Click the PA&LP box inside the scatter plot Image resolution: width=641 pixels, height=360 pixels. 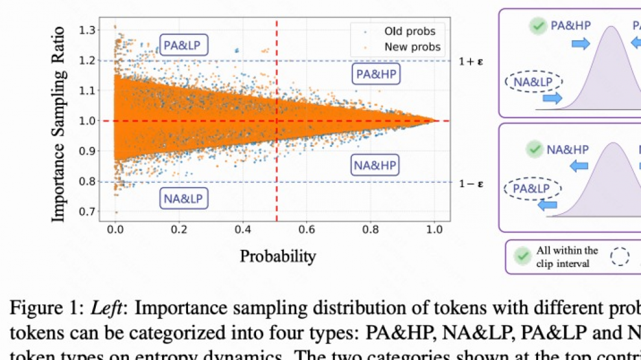pyautogui.click(x=184, y=45)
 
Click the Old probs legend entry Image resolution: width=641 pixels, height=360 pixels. pyautogui.click(x=410, y=31)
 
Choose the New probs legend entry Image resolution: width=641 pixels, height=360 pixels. pyautogui.click(x=412, y=46)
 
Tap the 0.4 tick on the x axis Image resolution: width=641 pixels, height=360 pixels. pyautogui.click(x=242, y=229)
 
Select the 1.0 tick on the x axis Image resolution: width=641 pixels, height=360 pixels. pyautogui.click(x=434, y=229)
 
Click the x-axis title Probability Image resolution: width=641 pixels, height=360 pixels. pyautogui.click(x=278, y=256)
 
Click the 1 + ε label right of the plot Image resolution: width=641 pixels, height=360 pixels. pyautogui.click(x=471, y=61)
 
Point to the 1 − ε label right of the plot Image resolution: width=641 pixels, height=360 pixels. pyautogui.click(x=471, y=183)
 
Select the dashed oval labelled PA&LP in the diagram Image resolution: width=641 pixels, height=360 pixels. pyautogui.click(x=532, y=188)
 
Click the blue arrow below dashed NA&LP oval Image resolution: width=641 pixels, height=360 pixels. pyautogui.click(x=552, y=98)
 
